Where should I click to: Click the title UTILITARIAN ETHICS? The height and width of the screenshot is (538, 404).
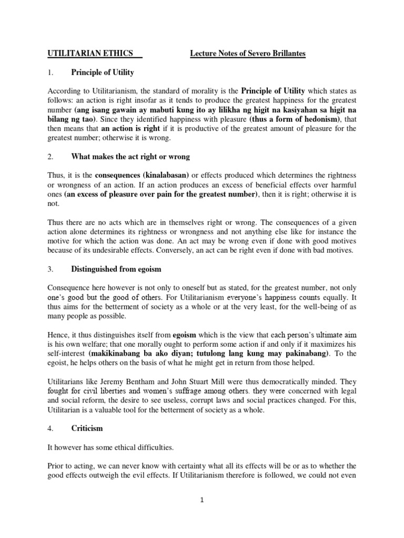[x=90, y=54]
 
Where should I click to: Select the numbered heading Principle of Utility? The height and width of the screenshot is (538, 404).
[x=103, y=72]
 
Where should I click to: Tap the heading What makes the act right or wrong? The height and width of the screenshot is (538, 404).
[x=130, y=158]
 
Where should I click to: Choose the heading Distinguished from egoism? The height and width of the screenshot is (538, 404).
[x=116, y=269]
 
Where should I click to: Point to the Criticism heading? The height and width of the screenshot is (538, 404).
[x=87, y=428]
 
